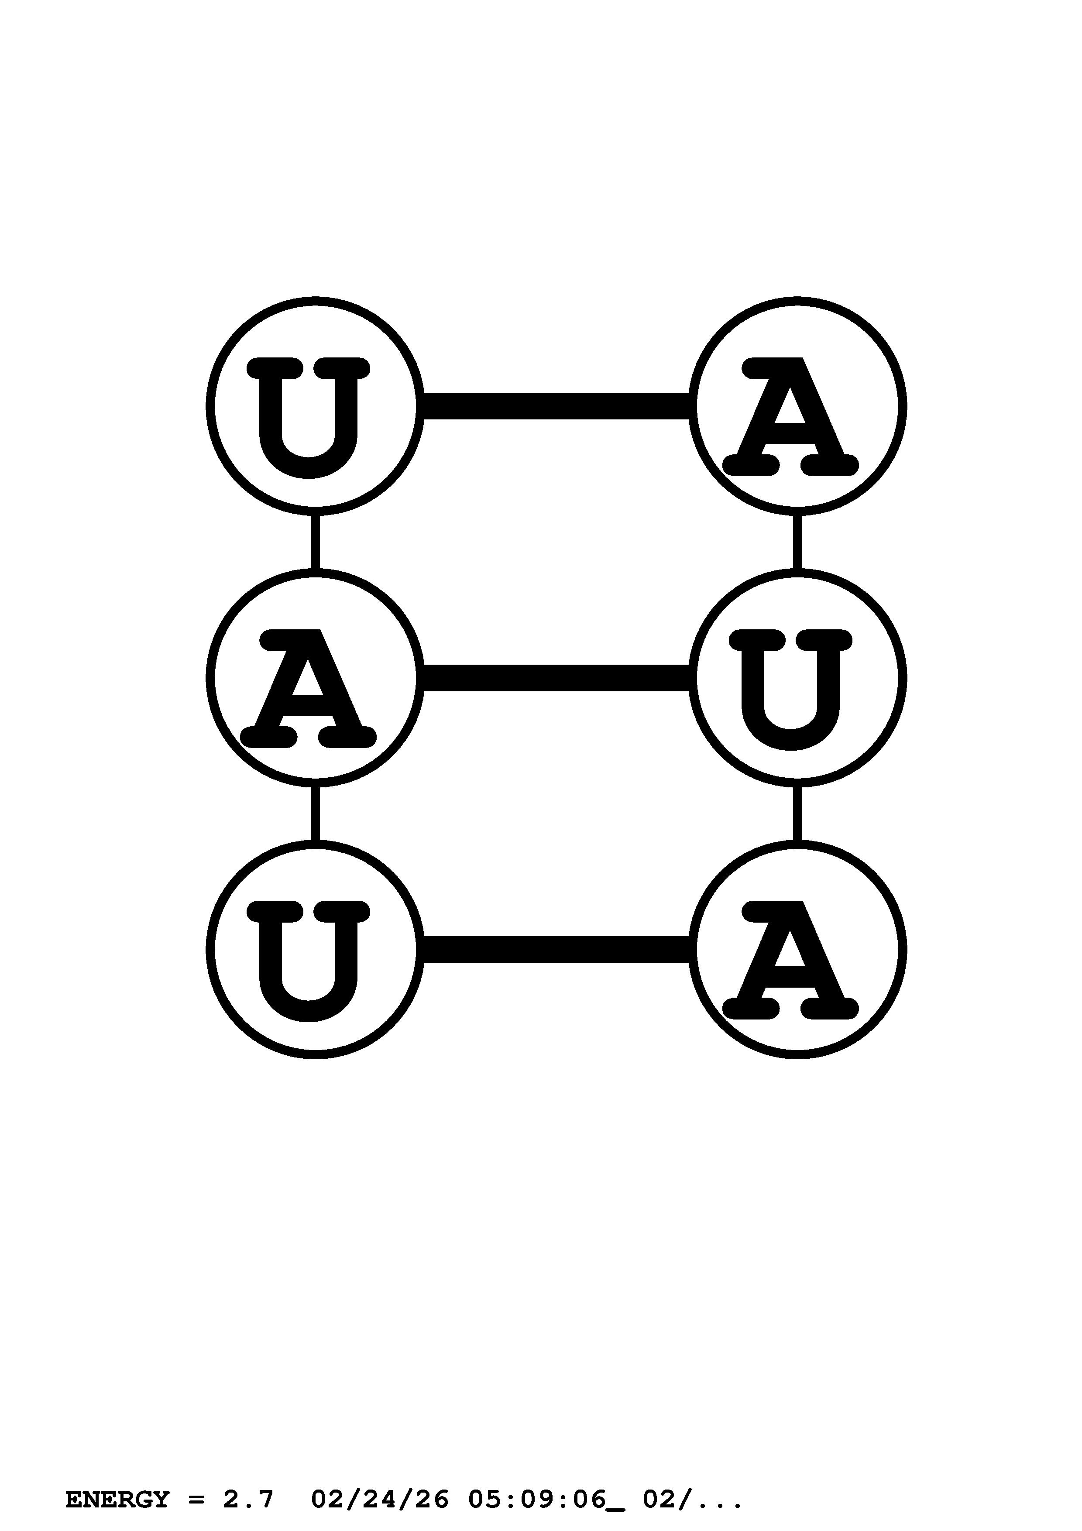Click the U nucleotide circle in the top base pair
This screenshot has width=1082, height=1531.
click(315, 406)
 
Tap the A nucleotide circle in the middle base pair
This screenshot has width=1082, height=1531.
click(315, 677)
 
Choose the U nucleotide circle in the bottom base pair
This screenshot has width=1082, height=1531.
click(315, 950)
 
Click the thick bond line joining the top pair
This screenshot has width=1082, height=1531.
click(556, 406)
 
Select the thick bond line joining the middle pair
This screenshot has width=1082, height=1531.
click(556, 677)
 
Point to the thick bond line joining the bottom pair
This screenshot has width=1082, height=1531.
click(556, 950)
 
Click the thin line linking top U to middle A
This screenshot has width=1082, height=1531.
click(315, 542)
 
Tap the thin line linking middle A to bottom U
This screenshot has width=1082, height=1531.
click(315, 814)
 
